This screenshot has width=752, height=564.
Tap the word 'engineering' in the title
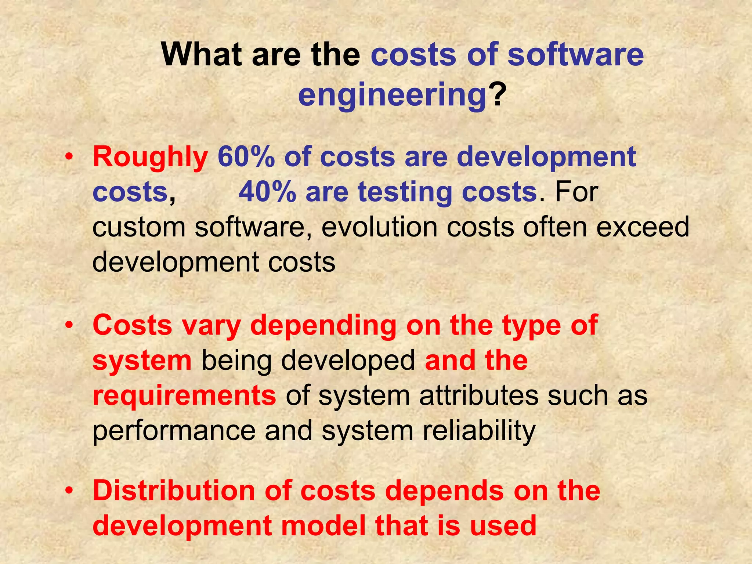[392, 95]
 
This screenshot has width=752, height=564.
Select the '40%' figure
[267, 192]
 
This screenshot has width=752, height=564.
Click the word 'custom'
[139, 227]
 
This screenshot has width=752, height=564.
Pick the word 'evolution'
[379, 227]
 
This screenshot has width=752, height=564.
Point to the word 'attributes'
[478, 396]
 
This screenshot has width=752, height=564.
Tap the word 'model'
[323, 525]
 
